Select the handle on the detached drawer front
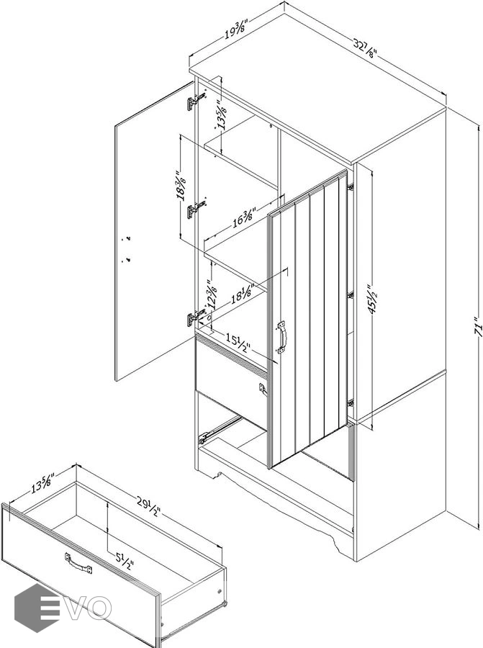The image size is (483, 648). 78,562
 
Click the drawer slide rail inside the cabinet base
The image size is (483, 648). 220,428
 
